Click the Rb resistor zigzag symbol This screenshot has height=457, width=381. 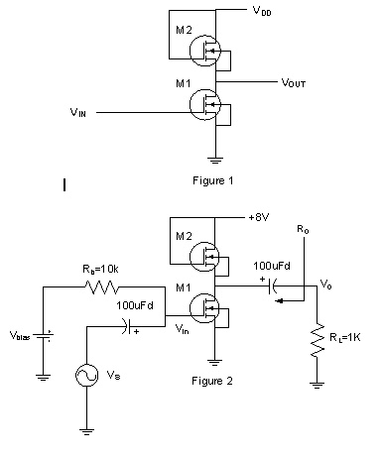tap(103, 286)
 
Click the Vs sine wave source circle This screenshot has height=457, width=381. tap(87, 376)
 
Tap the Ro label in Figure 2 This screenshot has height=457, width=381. tap(304, 229)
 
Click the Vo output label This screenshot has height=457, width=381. tap(325, 284)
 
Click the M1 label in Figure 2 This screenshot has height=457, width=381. tap(185, 286)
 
